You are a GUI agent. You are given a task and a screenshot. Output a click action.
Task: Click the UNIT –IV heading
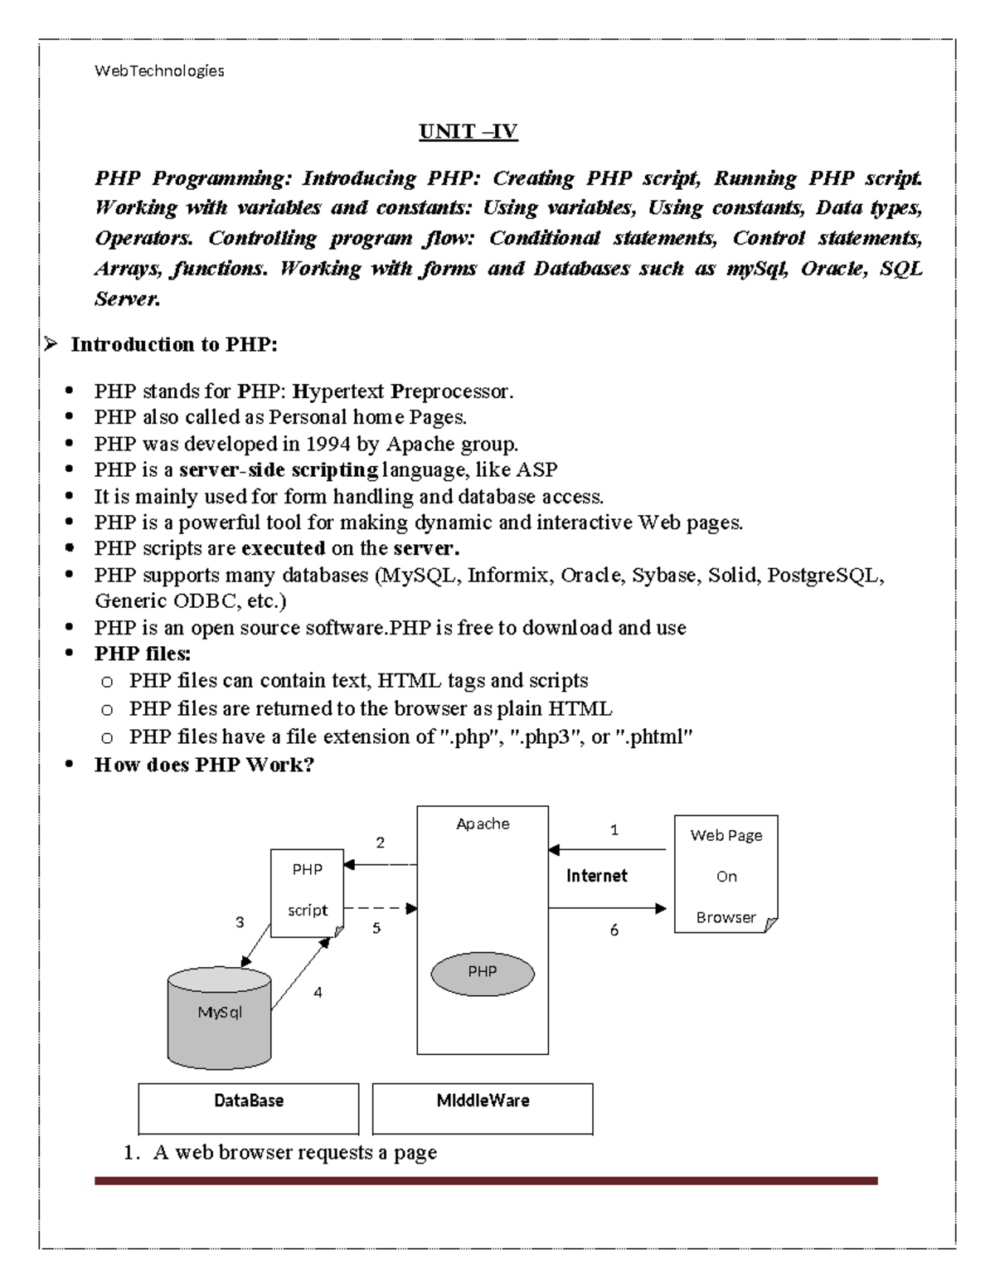pos(468,132)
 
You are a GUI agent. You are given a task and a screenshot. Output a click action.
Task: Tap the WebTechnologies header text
pos(159,71)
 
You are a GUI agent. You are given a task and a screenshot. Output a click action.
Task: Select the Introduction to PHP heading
pos(173,344)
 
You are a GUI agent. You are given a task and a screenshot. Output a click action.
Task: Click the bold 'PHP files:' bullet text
pos(143,654)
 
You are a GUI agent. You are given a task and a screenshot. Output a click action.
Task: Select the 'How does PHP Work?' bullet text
pos(204,765)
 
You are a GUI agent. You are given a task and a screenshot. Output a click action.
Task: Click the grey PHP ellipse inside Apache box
pos(482,972)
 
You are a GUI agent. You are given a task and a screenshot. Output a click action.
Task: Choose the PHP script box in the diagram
pos(307,892)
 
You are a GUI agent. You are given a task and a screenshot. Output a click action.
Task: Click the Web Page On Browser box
pos(726,875)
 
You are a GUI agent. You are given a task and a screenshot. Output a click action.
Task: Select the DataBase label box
pos(249,1107)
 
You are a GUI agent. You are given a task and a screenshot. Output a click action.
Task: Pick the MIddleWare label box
pos(483,1107)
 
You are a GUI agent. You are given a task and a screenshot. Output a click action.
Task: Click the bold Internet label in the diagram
pos(596,876)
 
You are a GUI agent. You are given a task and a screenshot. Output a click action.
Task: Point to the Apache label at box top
pos(483,824)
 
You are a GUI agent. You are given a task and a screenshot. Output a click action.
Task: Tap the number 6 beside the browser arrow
pos(614,931)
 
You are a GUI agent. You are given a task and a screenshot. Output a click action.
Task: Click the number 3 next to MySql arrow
pos(240,922)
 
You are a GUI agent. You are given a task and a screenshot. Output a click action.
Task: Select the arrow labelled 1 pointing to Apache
pos(607,850)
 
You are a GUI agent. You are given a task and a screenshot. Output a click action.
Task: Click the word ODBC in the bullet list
pos(194,601)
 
